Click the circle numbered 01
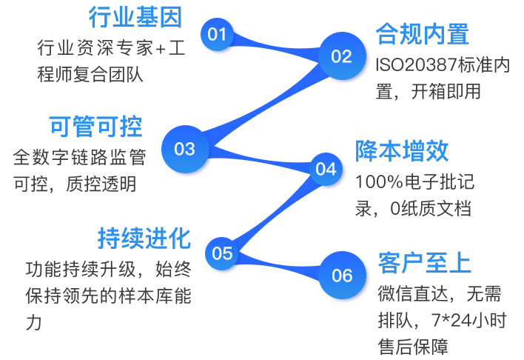[217, 34]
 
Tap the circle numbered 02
[341, 56]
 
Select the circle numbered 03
[184, 149]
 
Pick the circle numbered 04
[326, 169]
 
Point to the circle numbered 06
[342, 276]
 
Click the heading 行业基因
[135, 16]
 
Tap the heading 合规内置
[422, 34]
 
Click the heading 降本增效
[402, 151]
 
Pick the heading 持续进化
[144, 239]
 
